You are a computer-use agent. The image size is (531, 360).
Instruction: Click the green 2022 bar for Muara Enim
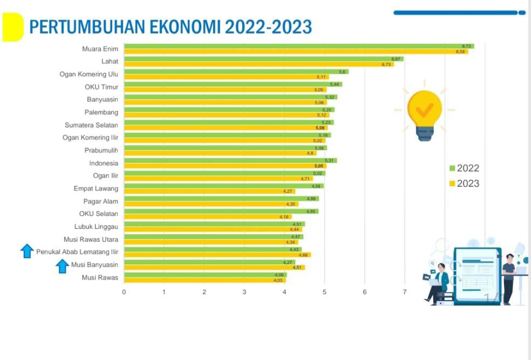click(x=297, y=46)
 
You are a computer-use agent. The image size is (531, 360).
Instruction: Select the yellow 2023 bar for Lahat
click(x=259, y=64)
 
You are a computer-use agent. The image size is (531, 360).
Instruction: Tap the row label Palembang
click(x=101, y=112)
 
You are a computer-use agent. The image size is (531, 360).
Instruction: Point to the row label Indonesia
click(x=104, y=162)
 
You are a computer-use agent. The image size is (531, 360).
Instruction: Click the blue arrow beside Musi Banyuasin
click(x=63, y=266)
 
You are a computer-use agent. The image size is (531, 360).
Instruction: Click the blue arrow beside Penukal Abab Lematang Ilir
click(x=27, y=251)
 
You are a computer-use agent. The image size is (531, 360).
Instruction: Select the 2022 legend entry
click(x=464, y=168)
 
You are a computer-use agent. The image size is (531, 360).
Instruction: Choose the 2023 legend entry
click(x=464, y=184)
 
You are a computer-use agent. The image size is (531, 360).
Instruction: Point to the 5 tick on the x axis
click(x=324, y=291)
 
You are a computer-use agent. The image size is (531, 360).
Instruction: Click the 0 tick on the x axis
click(x=124, y=291)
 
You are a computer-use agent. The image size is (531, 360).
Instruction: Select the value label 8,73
click(x=467, y=46)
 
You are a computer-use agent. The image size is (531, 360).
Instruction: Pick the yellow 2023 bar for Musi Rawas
click(x=205, y=280)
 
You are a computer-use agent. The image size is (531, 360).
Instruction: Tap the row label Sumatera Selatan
click(x=91, y=125)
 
